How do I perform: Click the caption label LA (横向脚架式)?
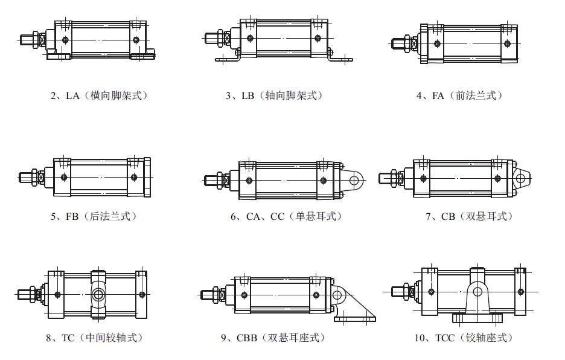99,95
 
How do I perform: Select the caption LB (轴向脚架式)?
275,95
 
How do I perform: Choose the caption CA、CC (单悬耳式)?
286,216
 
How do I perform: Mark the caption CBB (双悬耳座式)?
273,338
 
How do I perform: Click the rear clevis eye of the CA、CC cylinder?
356,180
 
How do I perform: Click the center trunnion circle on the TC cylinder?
98,295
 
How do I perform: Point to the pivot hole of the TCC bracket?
477,292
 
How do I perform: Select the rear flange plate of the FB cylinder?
147,178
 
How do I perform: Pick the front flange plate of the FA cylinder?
424,43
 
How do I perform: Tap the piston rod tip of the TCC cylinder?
398,291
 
